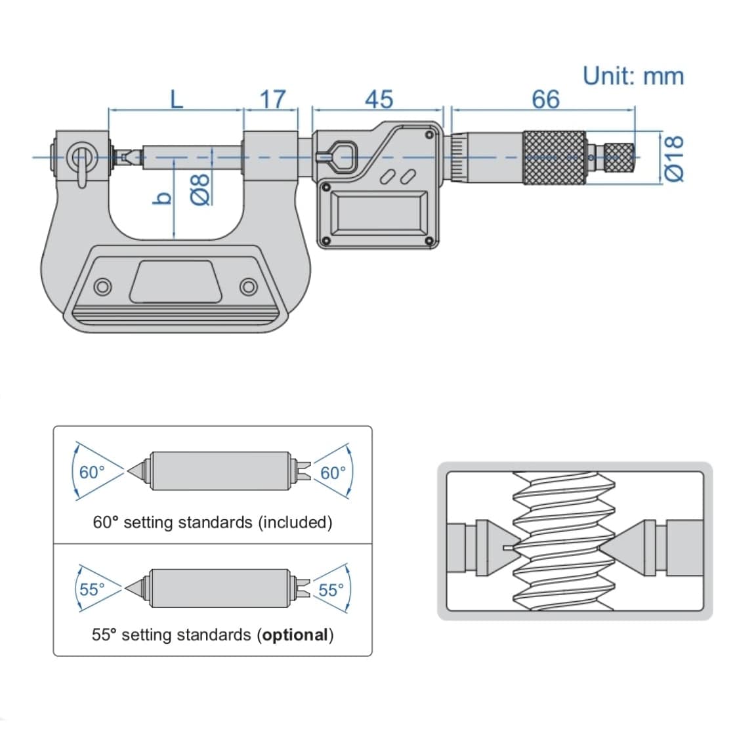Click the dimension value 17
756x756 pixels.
coord(272,99)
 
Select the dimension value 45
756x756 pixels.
coord(379,100)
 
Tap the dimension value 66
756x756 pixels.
coord(545,100)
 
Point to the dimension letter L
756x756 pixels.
coord(176,100)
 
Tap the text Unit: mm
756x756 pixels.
coord(633,76)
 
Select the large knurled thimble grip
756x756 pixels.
coord(554,157)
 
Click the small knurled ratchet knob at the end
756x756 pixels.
coord(619,157)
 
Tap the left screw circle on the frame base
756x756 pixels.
coord(102,287)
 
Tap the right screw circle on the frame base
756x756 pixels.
coord(248,287)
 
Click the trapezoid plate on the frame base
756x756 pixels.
coord(175,282)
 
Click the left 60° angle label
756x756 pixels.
coord(92,472)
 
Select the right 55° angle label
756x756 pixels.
coord(331,589)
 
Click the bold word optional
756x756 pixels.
coord(295,635)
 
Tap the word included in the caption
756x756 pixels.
coord(295,522)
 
